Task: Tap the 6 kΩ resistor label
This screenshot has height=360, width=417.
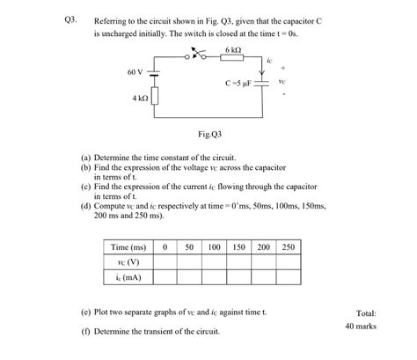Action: pyautogui.click(x=233, y=49)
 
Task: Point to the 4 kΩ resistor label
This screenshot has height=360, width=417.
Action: pyautogui.click(x=140, y=99)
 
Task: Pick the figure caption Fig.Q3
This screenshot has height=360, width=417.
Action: pyautogui.click(x=209, y=134)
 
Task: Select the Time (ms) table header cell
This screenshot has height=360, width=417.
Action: pyautogui.click(x=128, y=247)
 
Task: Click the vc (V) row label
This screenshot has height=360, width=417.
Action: pyautogui.click(x=128, y=262)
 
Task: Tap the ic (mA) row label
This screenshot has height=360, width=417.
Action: pyautogui.click(x=128, y=277)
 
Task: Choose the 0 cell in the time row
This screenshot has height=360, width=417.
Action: pyautogui.click(x=165, y=247)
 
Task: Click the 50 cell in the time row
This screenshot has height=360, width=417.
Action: pyautogui.click(x=189, y=247)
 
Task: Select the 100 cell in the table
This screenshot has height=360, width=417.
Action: pyautogui.click(x=214, y=247)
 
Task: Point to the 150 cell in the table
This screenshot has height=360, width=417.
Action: pyautogui.click(x=239, y=247)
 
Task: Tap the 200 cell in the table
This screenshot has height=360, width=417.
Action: pyautogui.click(x=264, y=247)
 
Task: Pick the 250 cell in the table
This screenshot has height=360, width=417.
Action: pyautogui.click(x=289, y=247)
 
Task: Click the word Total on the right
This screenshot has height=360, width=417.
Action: pyautogui.click(x=366, y=312)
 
